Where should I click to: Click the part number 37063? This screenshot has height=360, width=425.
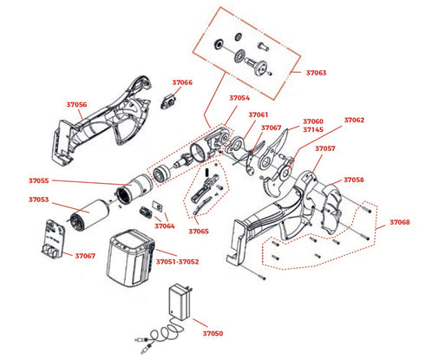pyautogui.click(x=316, y=73)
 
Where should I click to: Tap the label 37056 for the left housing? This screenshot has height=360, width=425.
pyautogui.click(x=76, y=104)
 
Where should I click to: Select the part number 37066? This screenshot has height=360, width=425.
pyautogui.click(x=182, y=82)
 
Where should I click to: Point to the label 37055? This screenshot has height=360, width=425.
pyautogui.click(x=39, y=180)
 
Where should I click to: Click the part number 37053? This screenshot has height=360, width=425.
pyautogui.click(x=39, y=200)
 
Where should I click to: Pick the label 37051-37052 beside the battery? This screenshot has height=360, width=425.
pyautogui.click(x=178, y=262)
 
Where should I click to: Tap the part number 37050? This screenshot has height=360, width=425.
pyautogui.click(x=212, y=333)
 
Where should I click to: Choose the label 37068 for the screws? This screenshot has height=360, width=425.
pyautogui.click(x=400, y=222)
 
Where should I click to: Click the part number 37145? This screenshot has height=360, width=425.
pyautogui.click(x=313, y=129)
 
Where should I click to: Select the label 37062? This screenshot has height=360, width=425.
pyautogui.click(x=354, y=120)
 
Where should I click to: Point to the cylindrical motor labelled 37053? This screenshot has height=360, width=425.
pyautogui.click(x=89, y=215)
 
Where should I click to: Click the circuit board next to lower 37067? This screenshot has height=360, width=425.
pyautogui.click(x=55, y=239)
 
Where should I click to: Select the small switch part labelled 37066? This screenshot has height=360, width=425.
pyautogui.click(x=168, y=101)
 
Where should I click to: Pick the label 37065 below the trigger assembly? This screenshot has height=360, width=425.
pyautogui.click(x=199, y=232)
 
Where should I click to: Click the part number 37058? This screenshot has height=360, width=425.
pyautogui.click(x=354, y=180)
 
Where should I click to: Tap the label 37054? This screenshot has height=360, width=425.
pyautogui.click(x=239, y=98)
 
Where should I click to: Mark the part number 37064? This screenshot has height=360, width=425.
pyautogui.click(x=165, y=226)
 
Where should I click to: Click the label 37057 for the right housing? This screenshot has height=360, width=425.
pyautogui.click(x=325, y=148)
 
